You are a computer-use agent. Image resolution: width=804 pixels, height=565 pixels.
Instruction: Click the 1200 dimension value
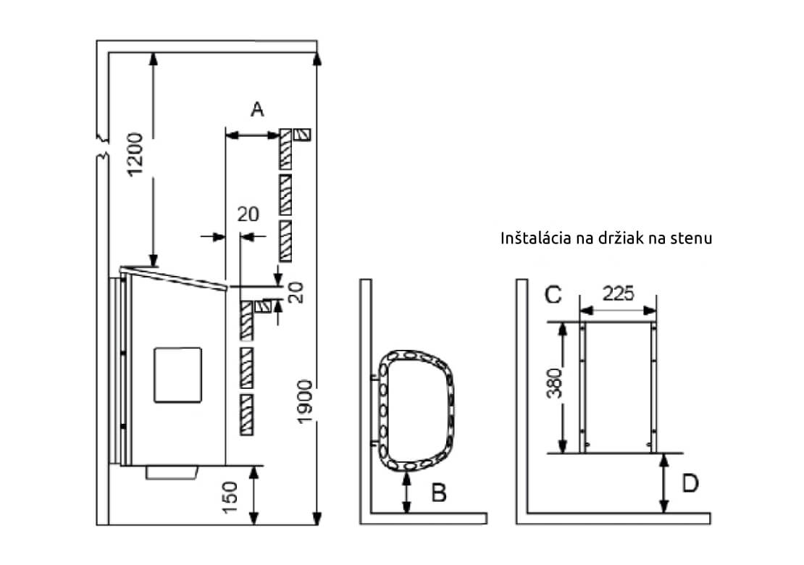(x=135, y=154)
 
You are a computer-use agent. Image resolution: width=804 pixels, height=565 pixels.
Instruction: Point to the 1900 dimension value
(x=304, y=402)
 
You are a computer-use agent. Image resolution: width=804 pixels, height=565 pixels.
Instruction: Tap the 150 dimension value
(x=230, y=497)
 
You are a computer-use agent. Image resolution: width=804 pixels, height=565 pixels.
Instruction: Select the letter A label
(x=257, y=109)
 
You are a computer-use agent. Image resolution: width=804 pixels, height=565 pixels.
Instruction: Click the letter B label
(x=439, y=493)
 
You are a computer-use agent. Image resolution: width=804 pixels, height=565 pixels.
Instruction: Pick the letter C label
(x=553, y=295)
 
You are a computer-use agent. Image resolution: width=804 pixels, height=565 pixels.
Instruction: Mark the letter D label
(x=690, y=483)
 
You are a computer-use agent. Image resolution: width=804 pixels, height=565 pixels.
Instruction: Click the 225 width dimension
(x=618, y=294)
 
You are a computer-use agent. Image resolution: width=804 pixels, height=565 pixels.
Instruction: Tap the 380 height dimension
(x=554, y=383)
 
